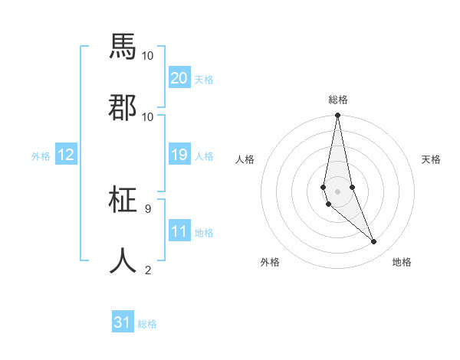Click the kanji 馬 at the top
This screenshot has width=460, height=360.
click(x=123, y=47)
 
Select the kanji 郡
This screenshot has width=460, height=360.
click(x=123, y=107)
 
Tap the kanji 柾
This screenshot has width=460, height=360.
click(x=123, y=201)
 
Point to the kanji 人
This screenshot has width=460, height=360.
click(x=123, y=260)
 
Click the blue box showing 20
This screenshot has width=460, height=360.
click(x=179, y=78)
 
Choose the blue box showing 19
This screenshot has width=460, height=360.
click(x=179, y=155)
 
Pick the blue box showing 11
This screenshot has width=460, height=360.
click(x=179, y=231)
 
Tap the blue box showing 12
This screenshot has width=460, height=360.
click(x=66, y=155)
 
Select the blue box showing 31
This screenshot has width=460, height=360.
click(x=123, y=322)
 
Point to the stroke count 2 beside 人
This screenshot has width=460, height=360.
click(x=147, y=270)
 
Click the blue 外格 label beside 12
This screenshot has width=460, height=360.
click(x=41, y=156)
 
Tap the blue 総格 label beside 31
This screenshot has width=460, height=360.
click(x=147, y=324)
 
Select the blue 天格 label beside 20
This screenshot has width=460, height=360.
click(x=204, y=80)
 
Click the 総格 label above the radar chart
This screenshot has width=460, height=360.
click(x=337, y=100)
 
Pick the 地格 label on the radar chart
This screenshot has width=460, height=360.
click(x=402, y=262)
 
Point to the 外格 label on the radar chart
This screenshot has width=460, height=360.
click(x=270, y=262)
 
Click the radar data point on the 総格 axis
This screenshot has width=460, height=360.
click(x=337, y=116)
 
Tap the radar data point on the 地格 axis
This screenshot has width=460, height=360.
click(x=374, y=242)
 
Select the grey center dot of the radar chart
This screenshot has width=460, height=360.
click(x=337, y=191)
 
